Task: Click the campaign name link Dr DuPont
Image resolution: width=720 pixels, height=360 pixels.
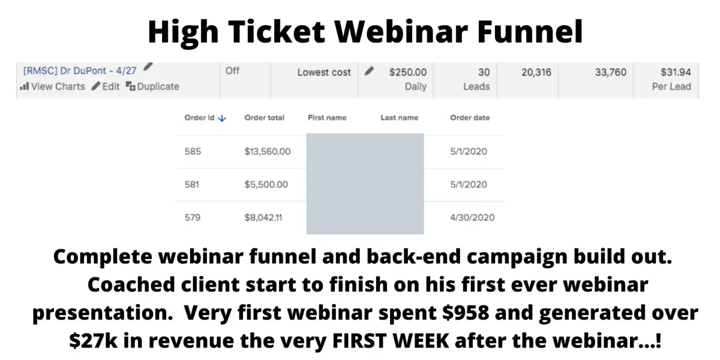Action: pos(80,71)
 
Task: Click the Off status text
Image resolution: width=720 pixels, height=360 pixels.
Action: pos(232,71)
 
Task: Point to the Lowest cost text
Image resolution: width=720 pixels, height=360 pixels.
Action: pos(324,73)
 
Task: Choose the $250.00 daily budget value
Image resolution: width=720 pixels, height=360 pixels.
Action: pos(408,73)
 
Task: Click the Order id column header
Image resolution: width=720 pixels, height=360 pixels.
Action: pos(199,118)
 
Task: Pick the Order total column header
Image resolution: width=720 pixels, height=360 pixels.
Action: pos(265,118)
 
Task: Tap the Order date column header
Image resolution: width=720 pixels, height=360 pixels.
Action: pos(470,118)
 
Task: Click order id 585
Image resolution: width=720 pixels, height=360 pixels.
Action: pos(193,151)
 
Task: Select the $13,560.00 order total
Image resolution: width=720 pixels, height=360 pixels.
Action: pos(268,151)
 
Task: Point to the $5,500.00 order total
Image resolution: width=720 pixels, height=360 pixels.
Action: pos(266,184)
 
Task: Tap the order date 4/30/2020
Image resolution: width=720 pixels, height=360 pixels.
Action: pos(473,217)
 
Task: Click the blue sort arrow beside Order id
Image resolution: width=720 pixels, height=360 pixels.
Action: pos(222,118)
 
